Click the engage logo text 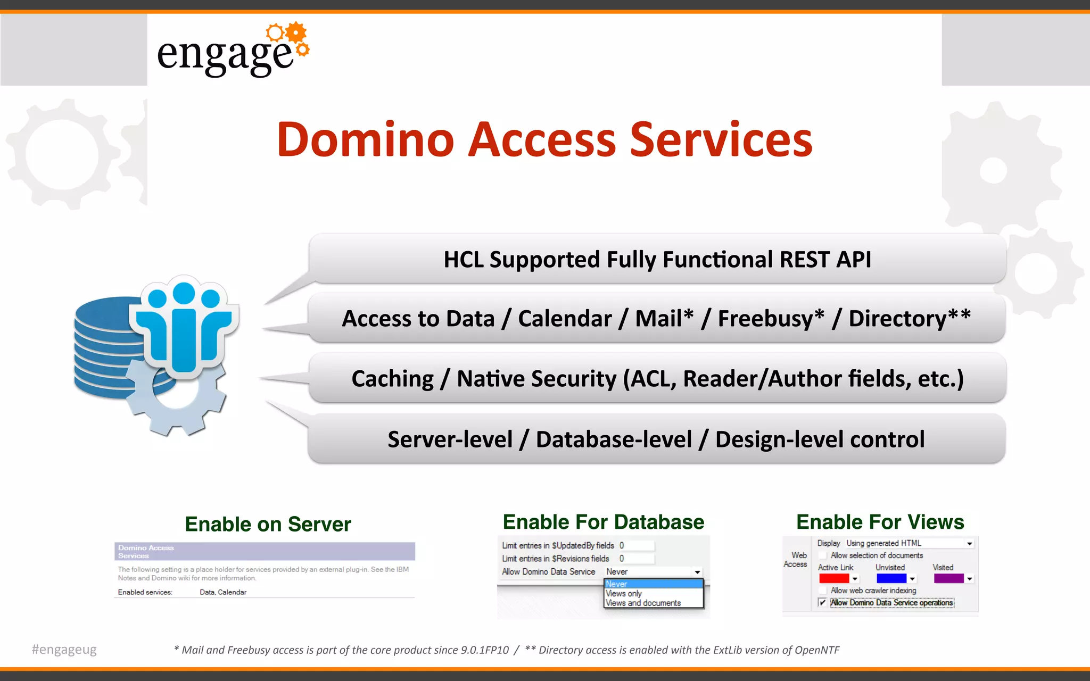tap(225, 55)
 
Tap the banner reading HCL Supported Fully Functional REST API tap(657, 260)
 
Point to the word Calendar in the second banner tap(565, 319)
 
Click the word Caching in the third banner tap(393, 379)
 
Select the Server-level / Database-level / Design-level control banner tap(656, 439)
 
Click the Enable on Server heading tap(268, 525)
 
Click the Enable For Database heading tap(603, 522)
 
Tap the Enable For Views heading tap(880, 522)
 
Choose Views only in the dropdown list tap(624, 594)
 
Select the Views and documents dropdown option tap(643, 603)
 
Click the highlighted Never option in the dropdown tap(616, 584)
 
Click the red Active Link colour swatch tap(833, 579)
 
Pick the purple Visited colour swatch tap(948, 579)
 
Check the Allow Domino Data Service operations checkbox tap(823, 603)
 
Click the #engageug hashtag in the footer tap(64, 650)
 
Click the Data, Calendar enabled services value tap(223, 592)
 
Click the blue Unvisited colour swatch tap(891, 579)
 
